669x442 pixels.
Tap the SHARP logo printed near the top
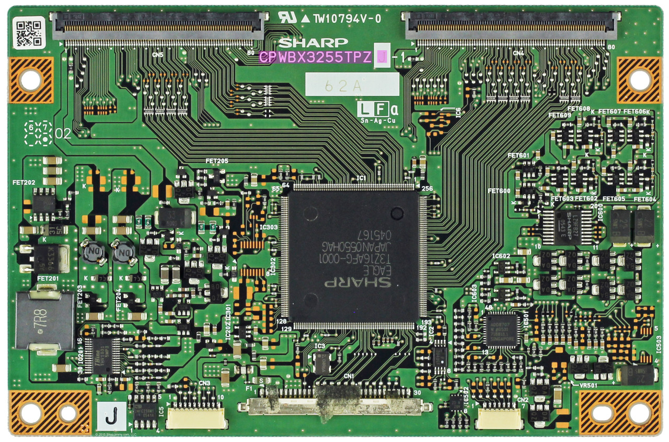tap(313, 43)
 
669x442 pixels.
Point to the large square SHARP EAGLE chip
tap(351, 256)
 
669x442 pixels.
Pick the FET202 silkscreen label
tap(24, 183)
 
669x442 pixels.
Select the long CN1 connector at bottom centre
tap(334, 405)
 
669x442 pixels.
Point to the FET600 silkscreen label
tap(499, 191)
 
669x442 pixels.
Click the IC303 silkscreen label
tap(269, 227)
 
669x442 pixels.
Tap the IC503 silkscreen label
tap(658, 345)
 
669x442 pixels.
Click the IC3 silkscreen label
tap(320, 346)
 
